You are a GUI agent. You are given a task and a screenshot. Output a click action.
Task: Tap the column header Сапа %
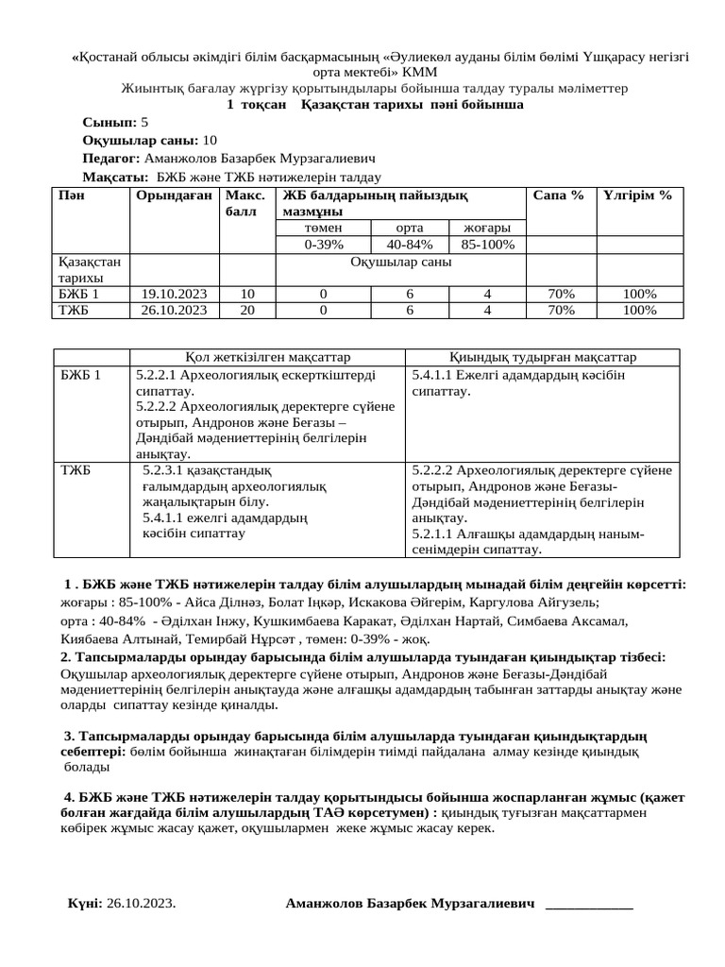[558, 195]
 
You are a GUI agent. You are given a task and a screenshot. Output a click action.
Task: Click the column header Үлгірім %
[637, 195]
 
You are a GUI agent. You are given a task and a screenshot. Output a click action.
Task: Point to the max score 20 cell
[247, 309]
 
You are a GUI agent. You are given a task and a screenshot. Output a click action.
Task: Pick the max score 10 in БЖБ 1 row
[247, 293]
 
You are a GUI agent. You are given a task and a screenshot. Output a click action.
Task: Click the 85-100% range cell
[488, 245]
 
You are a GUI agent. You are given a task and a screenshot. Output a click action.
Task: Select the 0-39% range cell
[323, 245]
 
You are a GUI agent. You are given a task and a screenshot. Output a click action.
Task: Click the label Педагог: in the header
[111, 159]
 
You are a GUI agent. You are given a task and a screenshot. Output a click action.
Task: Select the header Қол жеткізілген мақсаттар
[268, 357]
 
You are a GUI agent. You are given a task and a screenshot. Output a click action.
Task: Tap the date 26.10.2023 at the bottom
[142, 904]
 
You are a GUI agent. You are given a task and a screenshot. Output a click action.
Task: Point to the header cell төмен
[323, 229]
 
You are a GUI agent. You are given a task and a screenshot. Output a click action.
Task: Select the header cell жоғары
[488, 229]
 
